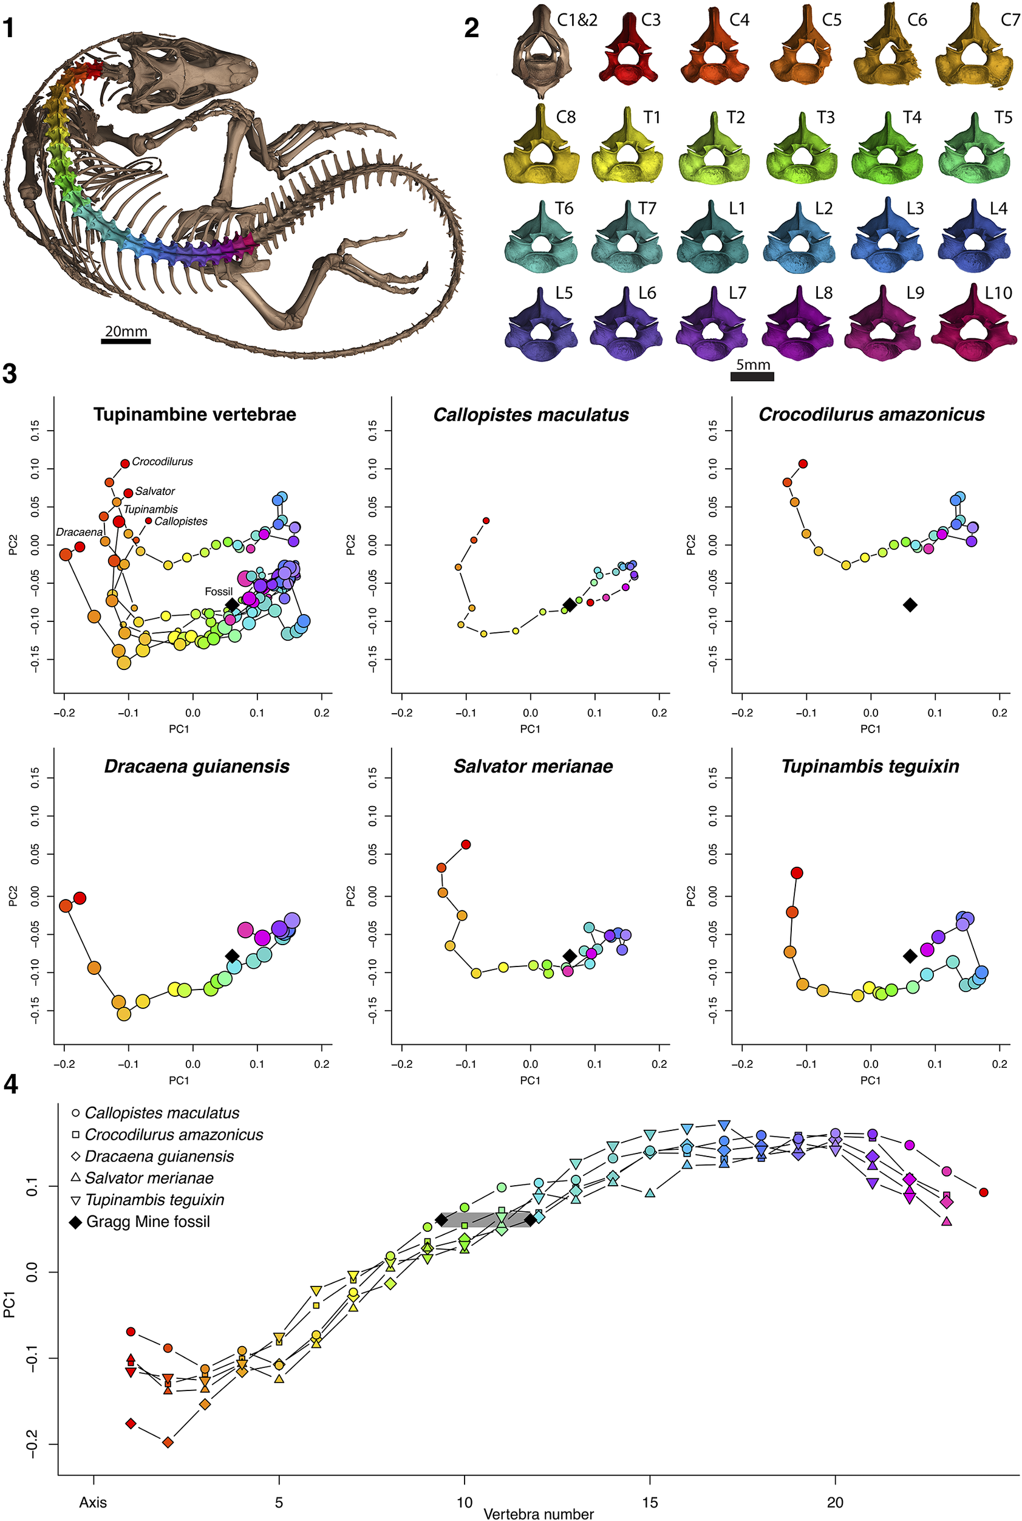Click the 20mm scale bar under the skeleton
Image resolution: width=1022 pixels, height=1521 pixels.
126,340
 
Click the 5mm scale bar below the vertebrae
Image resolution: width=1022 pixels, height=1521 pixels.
752,376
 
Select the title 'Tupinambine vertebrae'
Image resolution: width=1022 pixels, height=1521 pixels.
194,415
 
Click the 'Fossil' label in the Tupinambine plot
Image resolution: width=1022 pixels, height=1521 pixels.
219,591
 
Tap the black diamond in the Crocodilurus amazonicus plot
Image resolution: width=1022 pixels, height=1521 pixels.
910,605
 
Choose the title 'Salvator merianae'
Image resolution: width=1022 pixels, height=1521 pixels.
533,766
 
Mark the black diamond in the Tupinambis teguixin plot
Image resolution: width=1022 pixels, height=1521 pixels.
910,955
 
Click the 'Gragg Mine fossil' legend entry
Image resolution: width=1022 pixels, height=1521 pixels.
148,1222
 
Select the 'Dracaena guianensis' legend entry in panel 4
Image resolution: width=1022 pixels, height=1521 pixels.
158,1157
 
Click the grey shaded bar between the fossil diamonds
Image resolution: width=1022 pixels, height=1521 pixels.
486,1220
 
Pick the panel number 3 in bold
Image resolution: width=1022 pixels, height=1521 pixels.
9,374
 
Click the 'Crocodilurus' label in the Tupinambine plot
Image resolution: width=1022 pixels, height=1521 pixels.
162,462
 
